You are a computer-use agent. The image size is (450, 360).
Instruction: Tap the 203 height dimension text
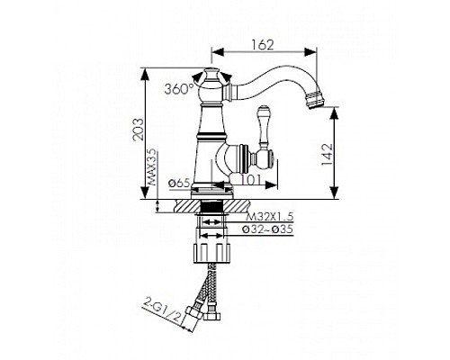pos(139,130)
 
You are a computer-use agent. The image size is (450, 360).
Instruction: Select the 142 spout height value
pos(327,155)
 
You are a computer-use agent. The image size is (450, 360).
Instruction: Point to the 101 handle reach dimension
pos(251,180)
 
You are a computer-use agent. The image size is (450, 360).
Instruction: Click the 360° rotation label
pos(179,89)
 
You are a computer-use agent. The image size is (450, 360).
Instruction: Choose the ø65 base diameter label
pos(179,183)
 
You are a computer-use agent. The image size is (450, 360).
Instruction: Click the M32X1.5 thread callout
pos(269,216)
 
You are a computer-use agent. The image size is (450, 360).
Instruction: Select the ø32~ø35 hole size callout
pos(267,229)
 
